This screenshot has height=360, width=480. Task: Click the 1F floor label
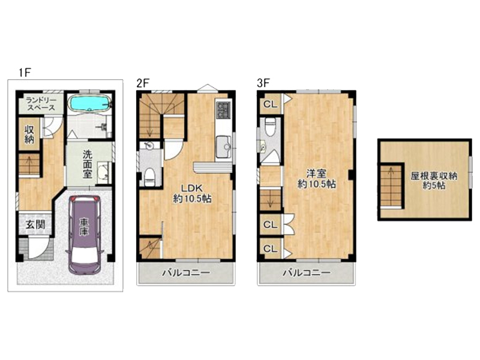25,73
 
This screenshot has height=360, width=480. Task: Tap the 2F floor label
143,83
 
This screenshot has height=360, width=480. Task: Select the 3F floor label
263,83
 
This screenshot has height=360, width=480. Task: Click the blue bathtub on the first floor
89,104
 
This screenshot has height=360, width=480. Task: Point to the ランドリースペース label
41,104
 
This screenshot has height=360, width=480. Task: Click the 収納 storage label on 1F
29,134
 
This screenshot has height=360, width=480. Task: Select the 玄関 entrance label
35,224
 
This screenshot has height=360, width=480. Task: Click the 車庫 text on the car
83,227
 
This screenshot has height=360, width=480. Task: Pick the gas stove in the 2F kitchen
223,110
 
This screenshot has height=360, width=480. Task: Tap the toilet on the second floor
150,177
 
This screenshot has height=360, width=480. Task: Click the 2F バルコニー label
186,272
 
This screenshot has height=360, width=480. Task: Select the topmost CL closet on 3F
270,104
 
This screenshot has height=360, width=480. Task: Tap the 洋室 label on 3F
317,173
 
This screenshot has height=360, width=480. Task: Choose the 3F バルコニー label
307,272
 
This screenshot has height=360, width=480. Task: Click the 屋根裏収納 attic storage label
434,176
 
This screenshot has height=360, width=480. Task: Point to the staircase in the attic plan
391,187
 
